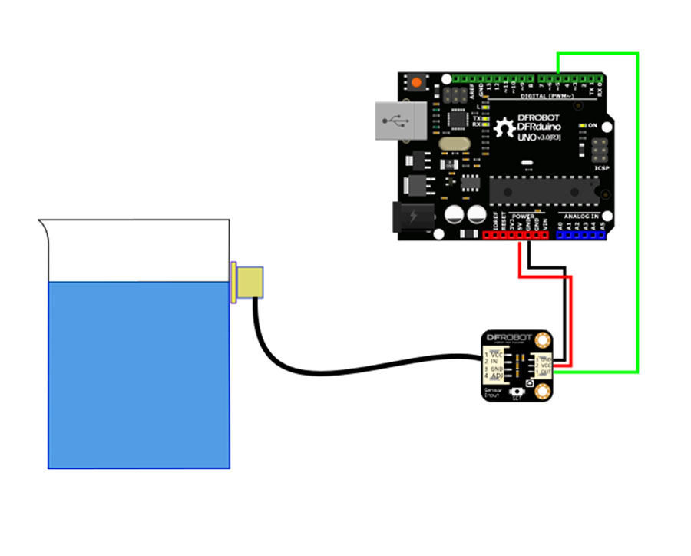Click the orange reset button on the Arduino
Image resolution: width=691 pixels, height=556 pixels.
point(418,81)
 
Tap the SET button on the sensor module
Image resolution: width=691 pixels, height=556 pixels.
point(516,391)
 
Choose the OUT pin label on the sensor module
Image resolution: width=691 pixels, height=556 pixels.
point(544,372)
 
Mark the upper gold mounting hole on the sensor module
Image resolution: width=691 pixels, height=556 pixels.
point(544,339)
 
